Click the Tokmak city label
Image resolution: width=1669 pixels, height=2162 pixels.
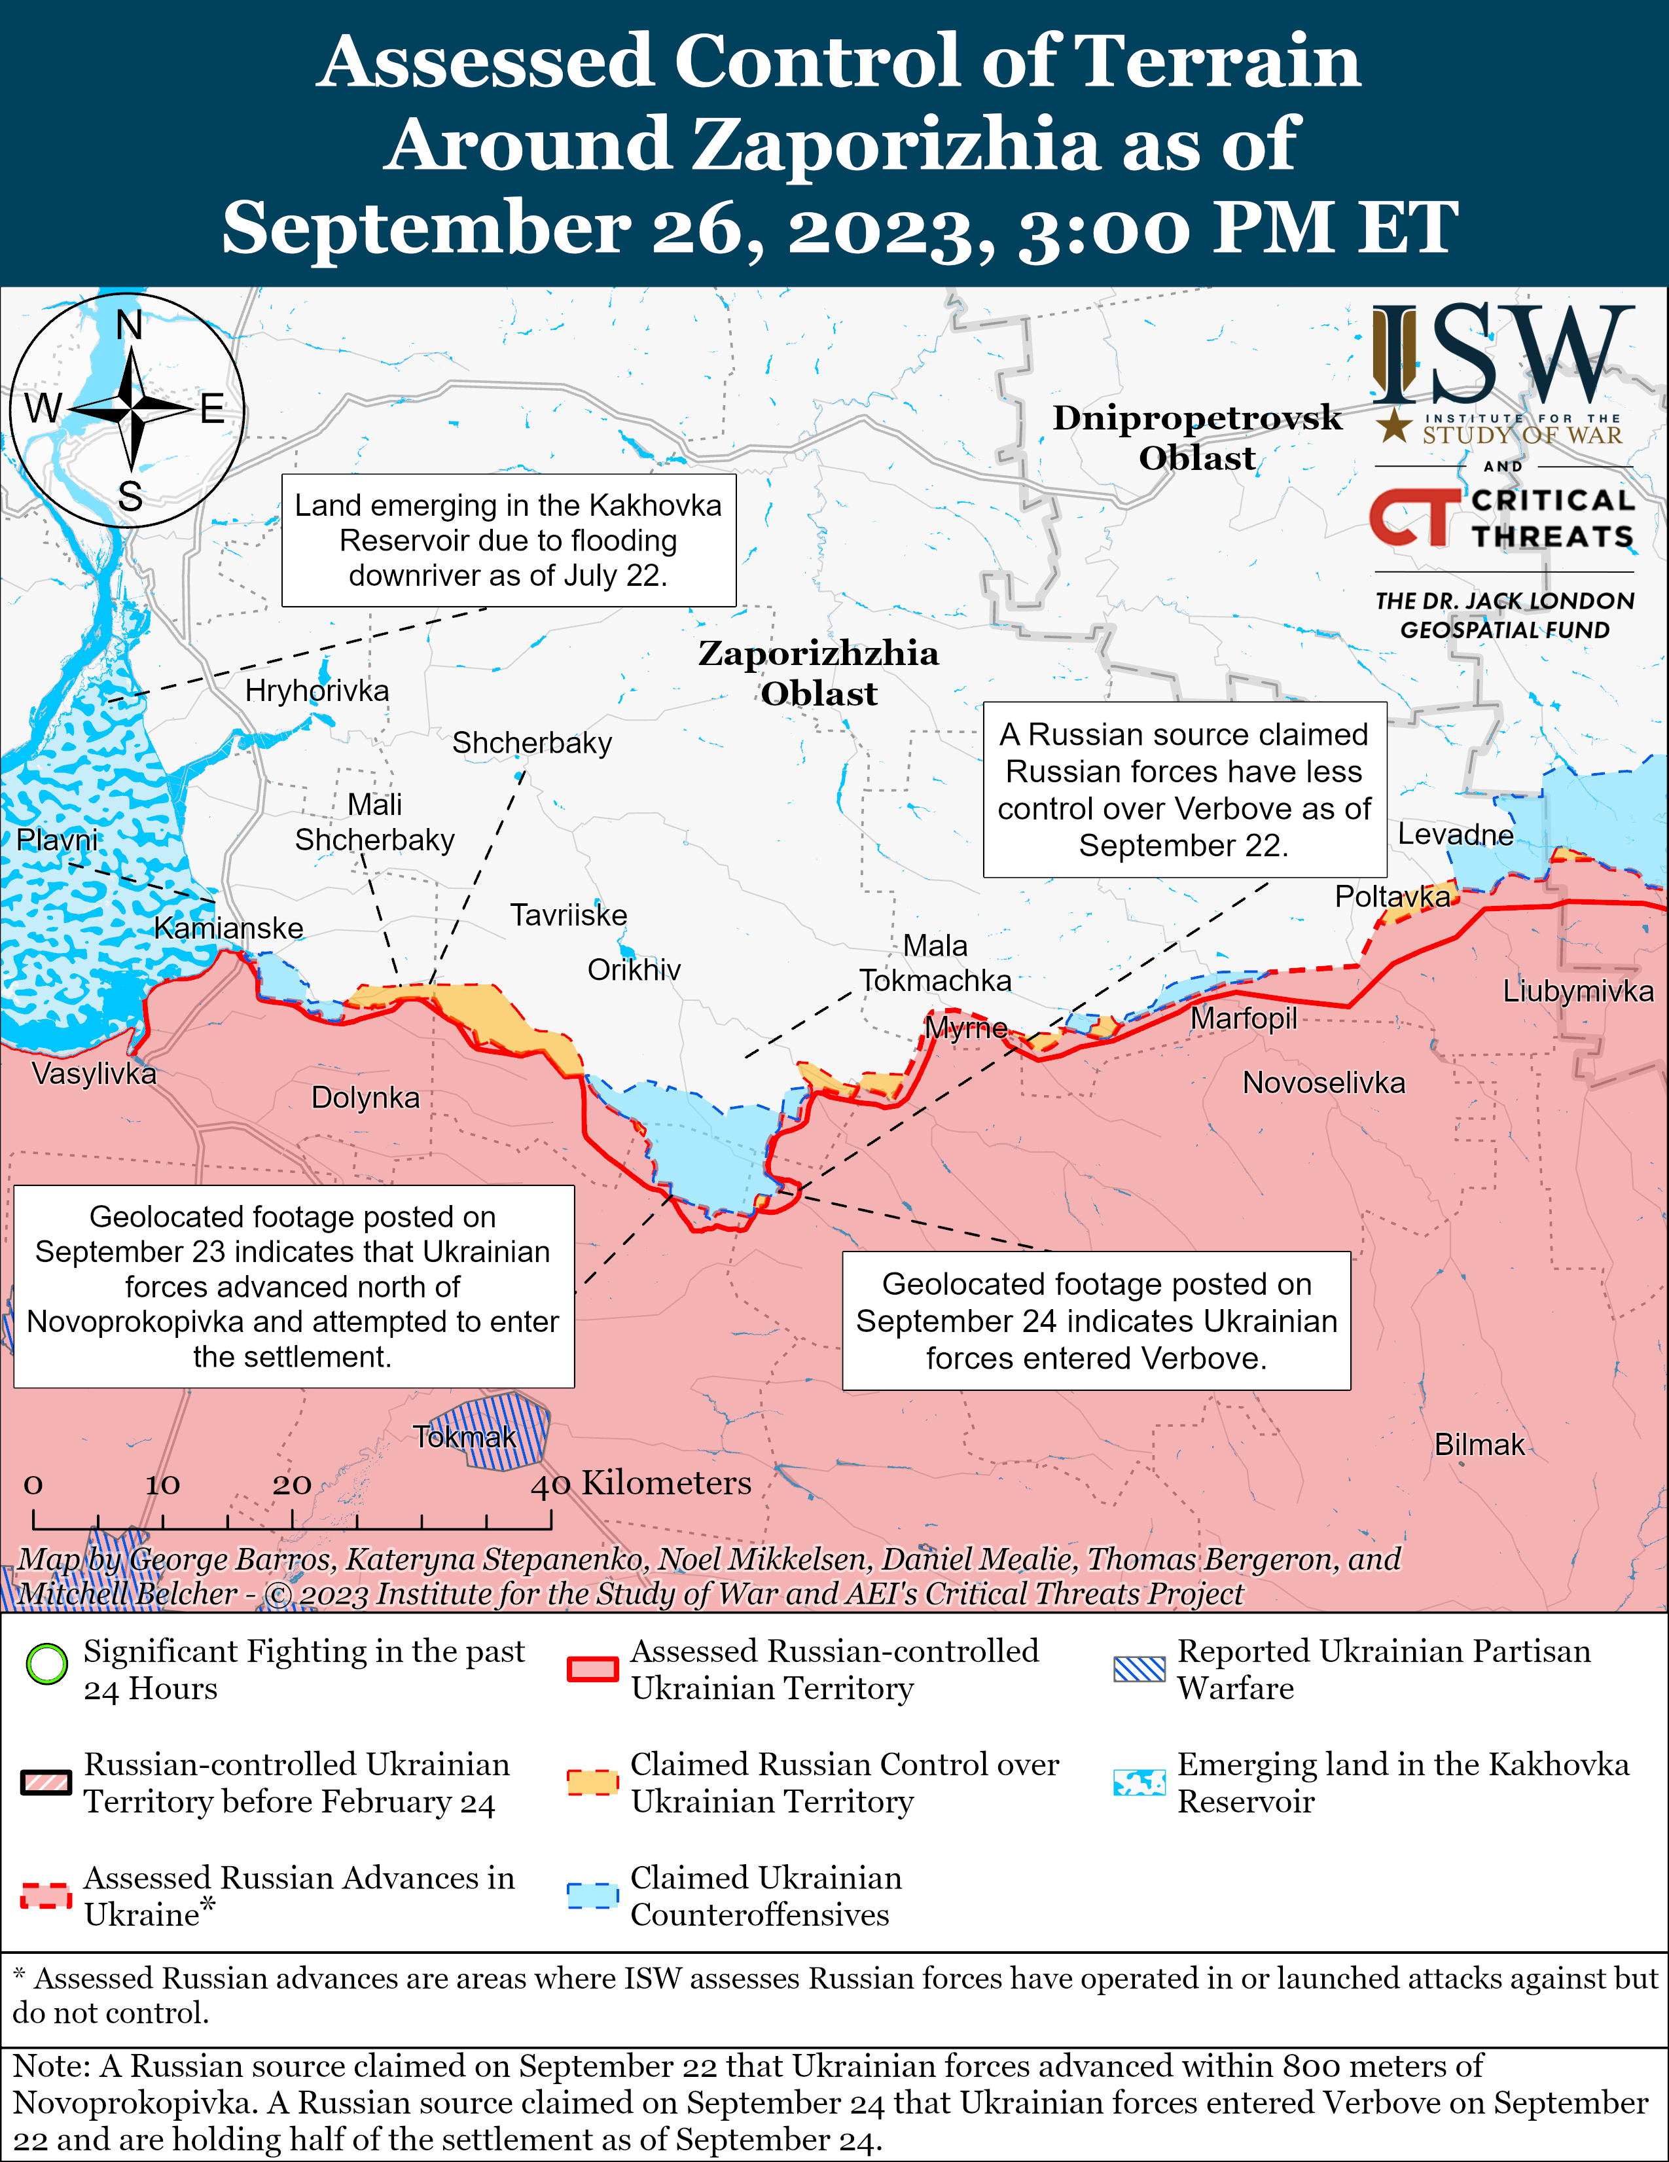pyautogui.click(x=464, y=1436)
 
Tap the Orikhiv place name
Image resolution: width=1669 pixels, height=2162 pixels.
pyautogui.click(x=634, y=969)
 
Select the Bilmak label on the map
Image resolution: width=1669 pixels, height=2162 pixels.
pyautogui.click(x=1479, y=1445)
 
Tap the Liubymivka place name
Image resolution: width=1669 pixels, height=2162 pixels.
pyautogui.click(x=1577, y=991)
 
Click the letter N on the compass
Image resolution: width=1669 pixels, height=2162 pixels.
pyautogui.click(x=130, y=325)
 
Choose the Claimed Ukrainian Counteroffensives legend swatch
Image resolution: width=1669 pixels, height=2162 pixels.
pyautogui.click(x=592, y=1895)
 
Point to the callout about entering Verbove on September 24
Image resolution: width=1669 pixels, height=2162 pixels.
pyautogui.click(x=1096, y=1320)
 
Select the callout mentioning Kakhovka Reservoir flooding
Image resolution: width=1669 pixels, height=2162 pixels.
pyautogui.click(x=508, y=541)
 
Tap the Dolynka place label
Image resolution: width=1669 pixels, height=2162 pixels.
pyautogui.click(x=365, y=1097)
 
